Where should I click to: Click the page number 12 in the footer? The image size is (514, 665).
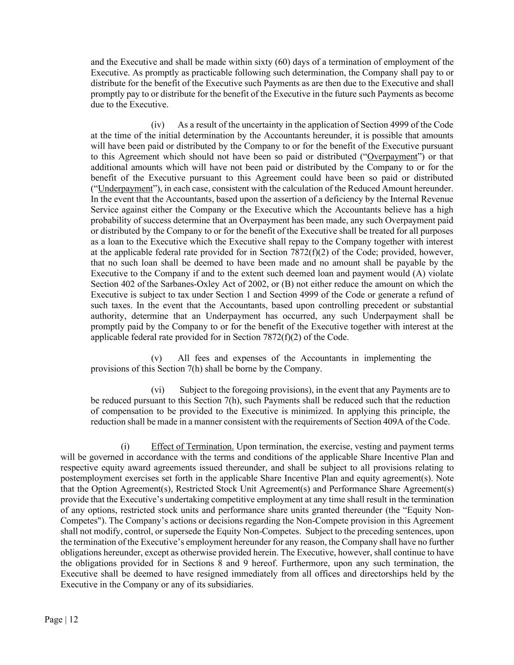74,620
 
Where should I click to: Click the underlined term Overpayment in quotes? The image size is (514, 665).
392,156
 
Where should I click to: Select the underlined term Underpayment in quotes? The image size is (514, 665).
125,189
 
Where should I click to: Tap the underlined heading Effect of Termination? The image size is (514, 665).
192,447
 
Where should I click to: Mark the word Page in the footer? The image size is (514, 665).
53,620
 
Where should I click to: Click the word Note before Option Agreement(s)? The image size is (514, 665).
445,478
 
